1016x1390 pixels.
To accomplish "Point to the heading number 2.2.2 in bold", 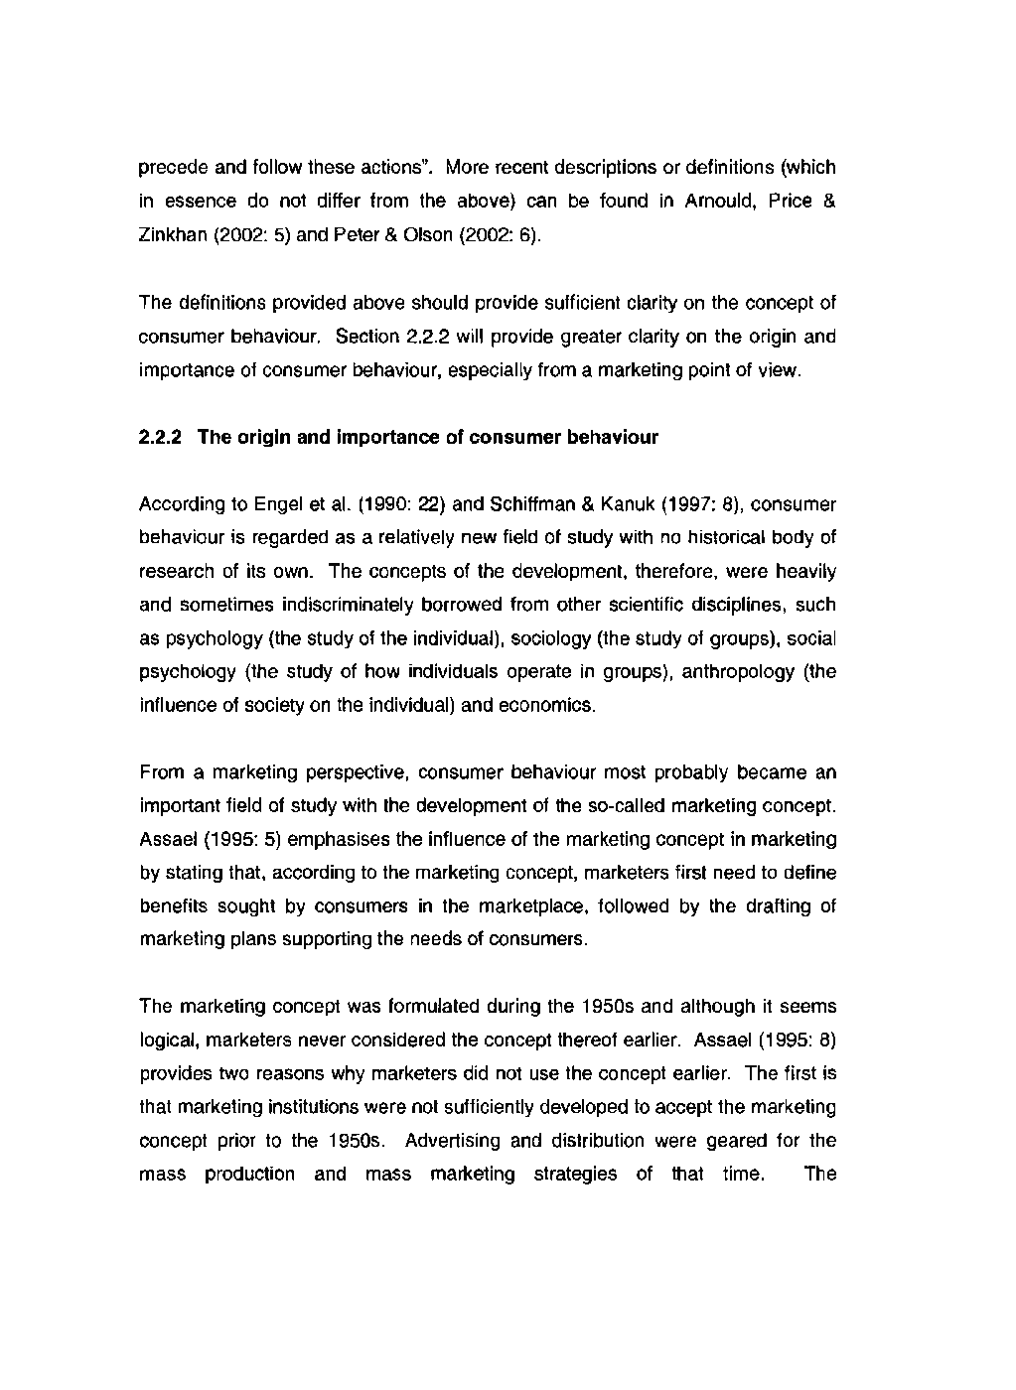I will click(x=159, y=437).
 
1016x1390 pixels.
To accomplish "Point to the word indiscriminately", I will click(x=341, y=605).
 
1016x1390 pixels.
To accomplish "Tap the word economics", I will click(x=552, y=706).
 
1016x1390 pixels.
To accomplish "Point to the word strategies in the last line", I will click(x=575, y=1175).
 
